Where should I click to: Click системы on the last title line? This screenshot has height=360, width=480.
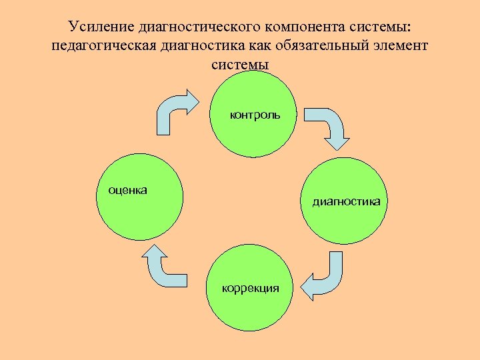[240, 65]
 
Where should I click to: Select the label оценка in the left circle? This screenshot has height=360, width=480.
[123, 190]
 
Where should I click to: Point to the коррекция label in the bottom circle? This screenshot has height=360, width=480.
[251, 288]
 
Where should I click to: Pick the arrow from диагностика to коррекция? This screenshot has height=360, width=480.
[325, 277]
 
